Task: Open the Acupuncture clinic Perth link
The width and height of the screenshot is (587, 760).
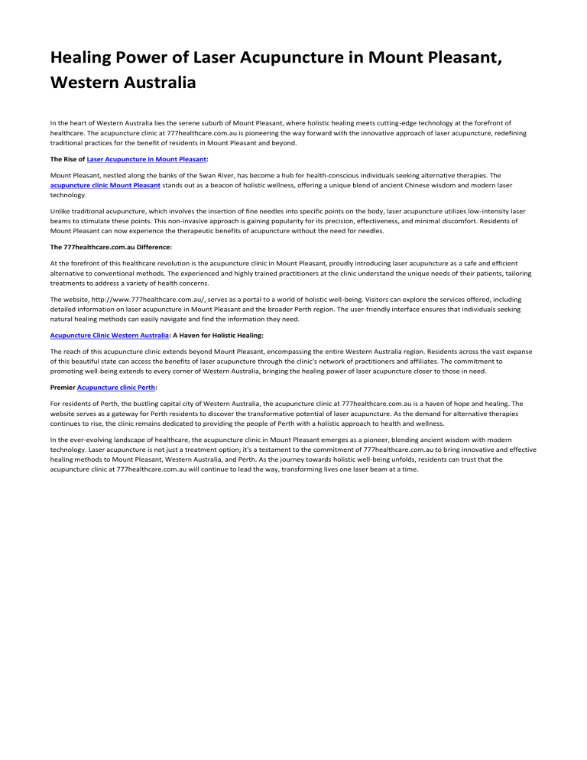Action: coord(116,387)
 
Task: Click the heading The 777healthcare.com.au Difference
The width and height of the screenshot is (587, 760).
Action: coord(111,248)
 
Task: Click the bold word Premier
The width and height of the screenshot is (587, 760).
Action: coord(63,387)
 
